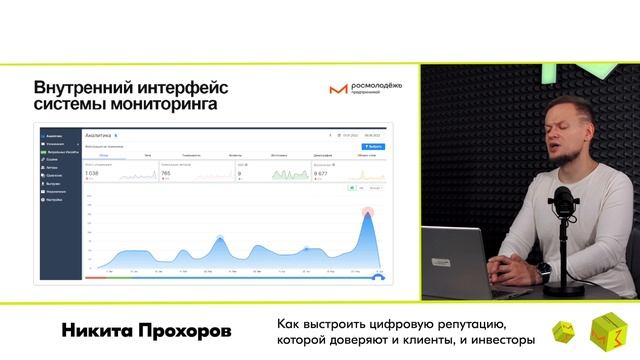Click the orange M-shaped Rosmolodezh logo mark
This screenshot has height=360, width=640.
click(338, 89)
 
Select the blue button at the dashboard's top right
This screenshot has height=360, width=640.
click(374, 146)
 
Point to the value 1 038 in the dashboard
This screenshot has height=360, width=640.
click(92, 173)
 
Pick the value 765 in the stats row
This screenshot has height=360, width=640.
click(166, 173)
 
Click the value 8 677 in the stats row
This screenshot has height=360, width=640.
click(321, 173)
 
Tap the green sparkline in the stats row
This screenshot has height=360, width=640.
click(291, 175)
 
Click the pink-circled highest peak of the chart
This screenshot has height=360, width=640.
click(367, 212)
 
